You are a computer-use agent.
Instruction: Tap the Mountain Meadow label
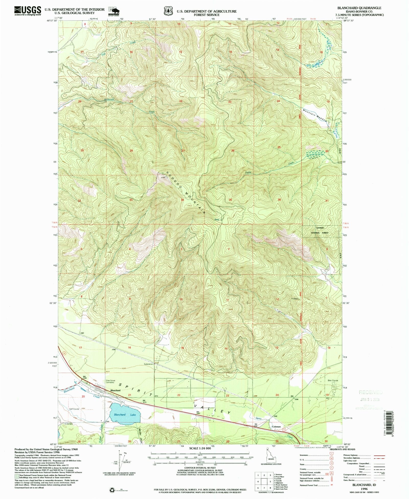pos(315,115)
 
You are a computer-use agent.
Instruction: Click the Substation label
pos(148,364)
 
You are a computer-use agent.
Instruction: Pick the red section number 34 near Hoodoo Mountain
pos(182,200)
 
